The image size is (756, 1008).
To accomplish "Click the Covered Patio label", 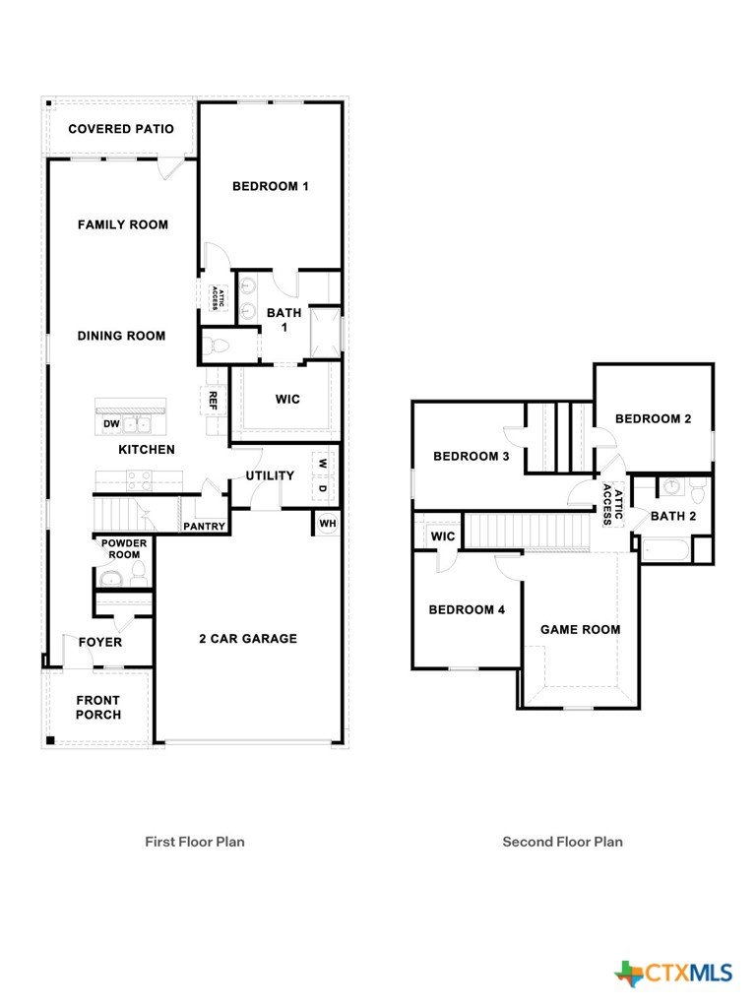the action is [x=121, y=129].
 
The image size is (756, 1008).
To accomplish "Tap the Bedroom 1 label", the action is [x=270, y=186].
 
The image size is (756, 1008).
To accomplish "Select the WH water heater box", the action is [x=327, y=524].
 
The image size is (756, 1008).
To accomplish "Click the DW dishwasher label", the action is [x=111, y=424].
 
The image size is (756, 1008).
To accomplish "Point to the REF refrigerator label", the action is [x=213, y=401].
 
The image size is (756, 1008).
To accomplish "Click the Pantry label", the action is [x=205, y=526].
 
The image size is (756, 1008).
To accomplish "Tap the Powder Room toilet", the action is [x=138, y=574].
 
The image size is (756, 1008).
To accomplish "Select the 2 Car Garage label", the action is [x=248, y=638].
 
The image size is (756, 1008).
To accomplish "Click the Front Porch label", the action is [x=98, y=707].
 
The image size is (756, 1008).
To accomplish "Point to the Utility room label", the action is [x=270, y=475].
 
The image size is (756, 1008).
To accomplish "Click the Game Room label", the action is [x=581, y=629].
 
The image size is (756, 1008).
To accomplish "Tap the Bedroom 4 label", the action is [x=467, y=609].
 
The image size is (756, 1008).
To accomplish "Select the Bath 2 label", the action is [x=673, y=516].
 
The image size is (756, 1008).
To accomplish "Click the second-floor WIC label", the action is [x=443, y=536].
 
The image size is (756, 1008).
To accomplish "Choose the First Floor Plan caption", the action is [x=195, y=842].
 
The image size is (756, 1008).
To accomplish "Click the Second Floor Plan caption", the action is [x=562, y=842].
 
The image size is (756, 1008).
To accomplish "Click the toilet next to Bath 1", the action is [x=216, y=346].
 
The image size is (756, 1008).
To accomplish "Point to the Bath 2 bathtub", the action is [x=665, y=551].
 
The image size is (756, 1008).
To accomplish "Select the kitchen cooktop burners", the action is [x=140, y=480].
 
